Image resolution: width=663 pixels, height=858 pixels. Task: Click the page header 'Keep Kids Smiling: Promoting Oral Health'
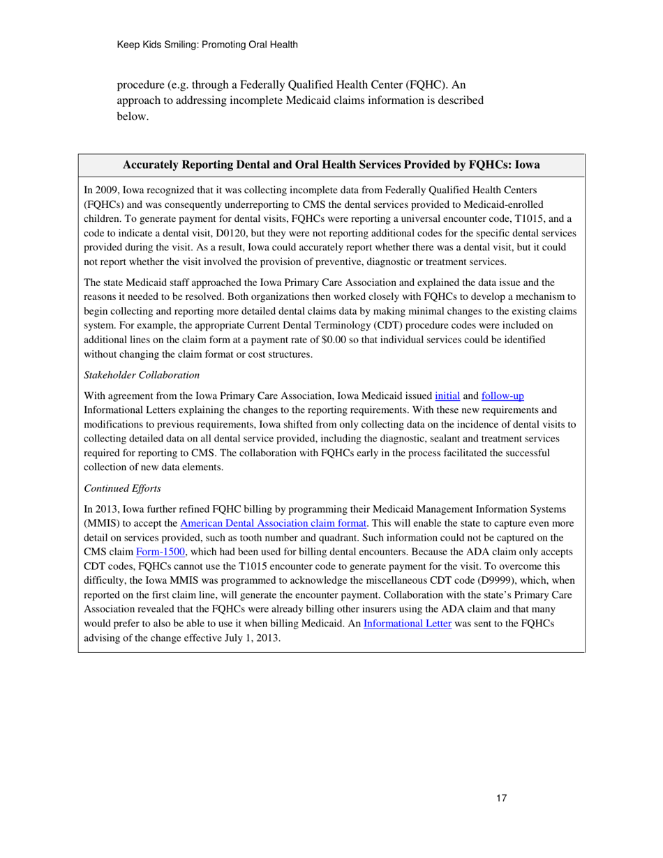tap(207, 45)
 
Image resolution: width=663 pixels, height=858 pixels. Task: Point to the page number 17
tap(501, 799)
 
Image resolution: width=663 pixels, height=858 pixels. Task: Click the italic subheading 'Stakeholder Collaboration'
tap(142, 375)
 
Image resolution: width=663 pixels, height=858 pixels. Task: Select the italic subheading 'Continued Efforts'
tap(122, 488)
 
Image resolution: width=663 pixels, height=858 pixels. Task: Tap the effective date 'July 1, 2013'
tap(251, 620)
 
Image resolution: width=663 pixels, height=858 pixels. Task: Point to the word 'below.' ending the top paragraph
tap(133, 117)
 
